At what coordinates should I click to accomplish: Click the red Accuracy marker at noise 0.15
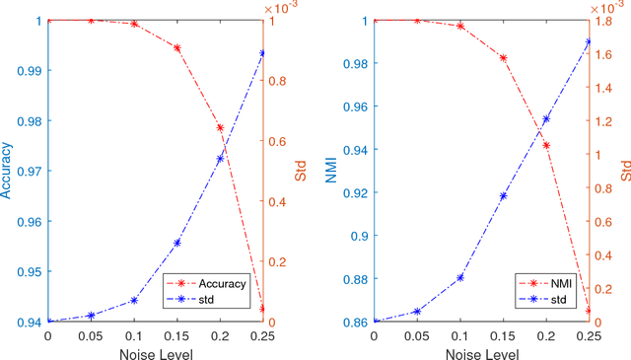pyautogui.click(x=177, y=47)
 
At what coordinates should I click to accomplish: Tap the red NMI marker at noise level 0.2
pyautogui.click(x=546, y=145)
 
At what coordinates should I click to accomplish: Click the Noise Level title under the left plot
pyautogui.click(x=155, y=351)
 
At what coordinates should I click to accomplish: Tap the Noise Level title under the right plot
pyautogui.click(x=481, y=351)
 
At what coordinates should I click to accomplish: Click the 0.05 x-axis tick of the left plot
pyautogui.click(x=91, y=335)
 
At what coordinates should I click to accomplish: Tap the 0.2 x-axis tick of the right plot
pyautogui.click(x=546, y=335)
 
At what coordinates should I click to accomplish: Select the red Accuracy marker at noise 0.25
pyautogui.click(x=262, y=308)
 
